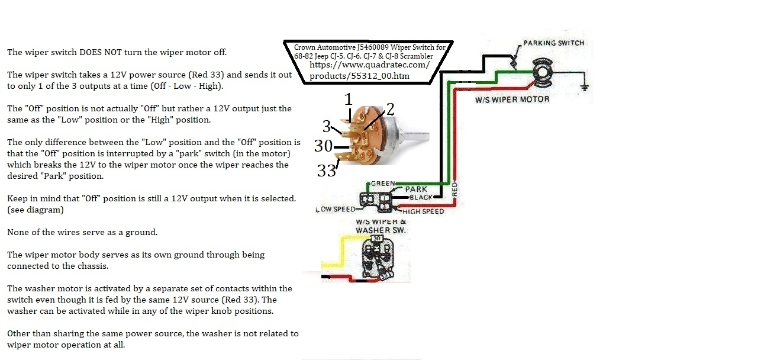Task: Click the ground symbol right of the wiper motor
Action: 584,86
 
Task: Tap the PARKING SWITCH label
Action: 553,43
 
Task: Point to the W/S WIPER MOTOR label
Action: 512,99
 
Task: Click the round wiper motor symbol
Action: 541,73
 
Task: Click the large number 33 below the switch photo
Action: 326,171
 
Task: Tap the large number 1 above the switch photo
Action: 349,98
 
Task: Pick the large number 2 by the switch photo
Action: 390,108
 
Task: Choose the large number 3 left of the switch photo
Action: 326,126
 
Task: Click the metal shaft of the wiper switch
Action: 418,134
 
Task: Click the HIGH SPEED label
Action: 423,211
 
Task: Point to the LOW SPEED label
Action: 335,209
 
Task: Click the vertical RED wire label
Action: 454,189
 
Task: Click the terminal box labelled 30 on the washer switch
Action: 376,238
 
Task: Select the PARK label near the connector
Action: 415,189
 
